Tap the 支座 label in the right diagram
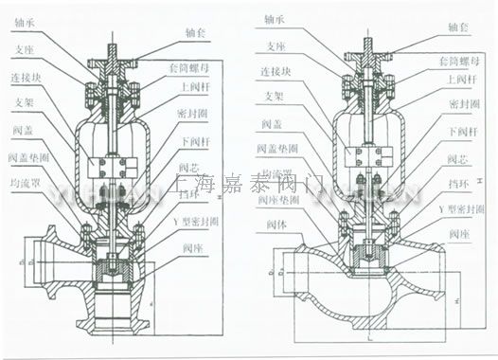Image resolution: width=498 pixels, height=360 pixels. [x=275, y=44]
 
